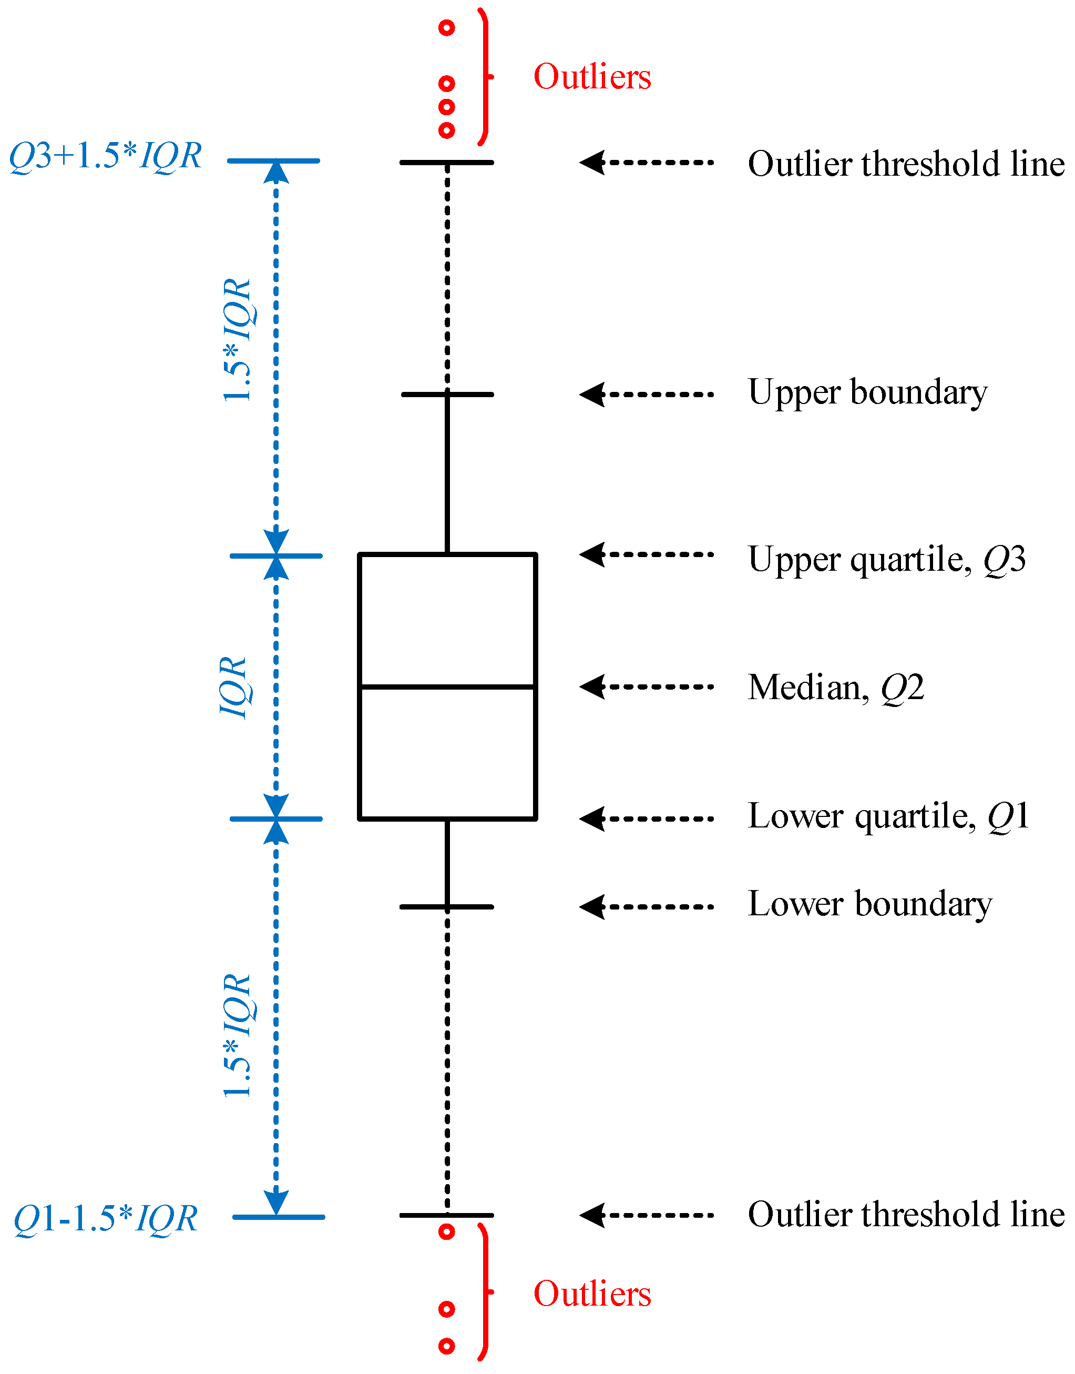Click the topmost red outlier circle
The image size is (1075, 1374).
coord(446,28)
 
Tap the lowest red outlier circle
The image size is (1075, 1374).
coord(446,1346)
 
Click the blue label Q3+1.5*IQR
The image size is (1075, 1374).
coord(105,156)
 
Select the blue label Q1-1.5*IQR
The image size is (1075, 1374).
coord(105,1218)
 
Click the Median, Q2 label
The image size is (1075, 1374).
coord(835,687)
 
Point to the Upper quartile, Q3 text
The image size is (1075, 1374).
coord(886,559)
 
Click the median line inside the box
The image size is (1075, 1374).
coord(447,686)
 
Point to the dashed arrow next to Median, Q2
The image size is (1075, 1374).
coord(647,686)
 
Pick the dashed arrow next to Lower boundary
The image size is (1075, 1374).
coord(647,907)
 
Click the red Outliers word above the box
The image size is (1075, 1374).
coord(591,77)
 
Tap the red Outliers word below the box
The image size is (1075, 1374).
coord(591,1294)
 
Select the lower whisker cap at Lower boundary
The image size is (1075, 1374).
coord(447,907)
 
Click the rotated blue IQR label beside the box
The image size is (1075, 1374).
coord(233,687)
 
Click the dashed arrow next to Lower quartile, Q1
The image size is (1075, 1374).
coord(647,819)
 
